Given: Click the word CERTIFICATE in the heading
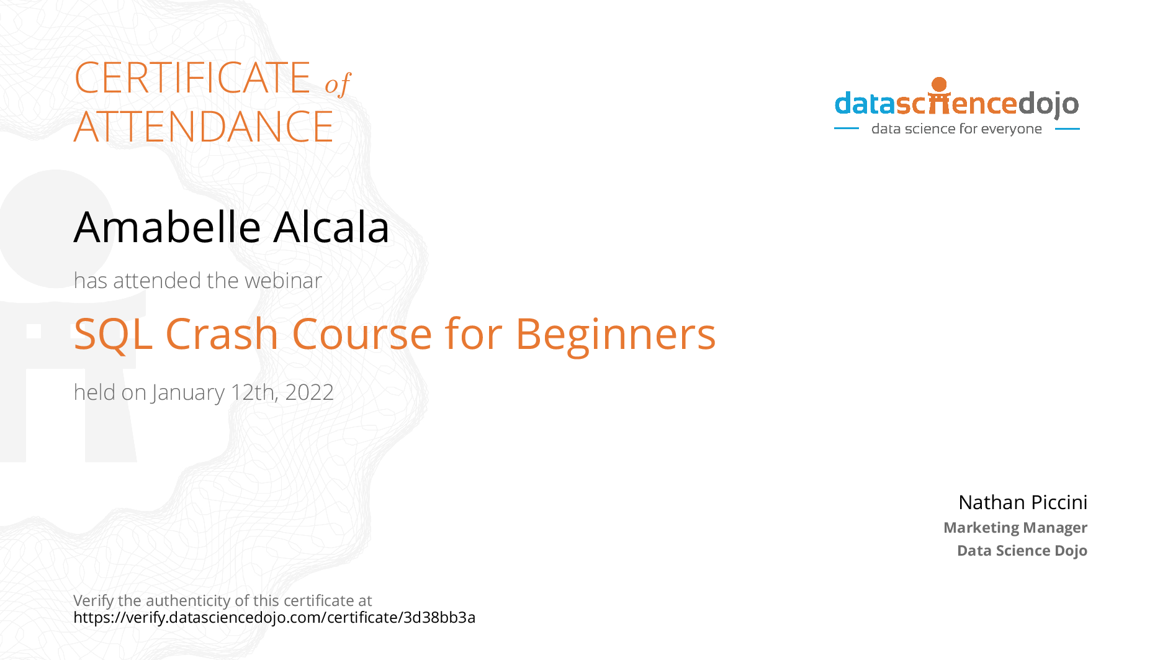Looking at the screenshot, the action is click(x=192, y=78).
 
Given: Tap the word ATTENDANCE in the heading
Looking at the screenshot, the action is click(x=204, y=127).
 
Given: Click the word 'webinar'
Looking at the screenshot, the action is click(x=283, y=281).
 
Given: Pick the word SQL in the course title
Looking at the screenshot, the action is click(x=113, y=335).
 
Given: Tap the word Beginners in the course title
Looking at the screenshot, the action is click(x=616, y=335).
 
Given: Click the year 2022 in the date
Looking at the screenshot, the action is click(x=309, y=392).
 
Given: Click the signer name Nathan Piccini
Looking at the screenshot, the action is click(x=1023, y=502).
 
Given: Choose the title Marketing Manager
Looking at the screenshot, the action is click(x=1015, y=528).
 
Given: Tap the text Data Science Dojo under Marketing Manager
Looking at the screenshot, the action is click(x=1022, y=551).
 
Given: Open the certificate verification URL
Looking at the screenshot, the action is click(x=274, y=617).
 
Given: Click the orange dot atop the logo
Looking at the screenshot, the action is click(x=940, y=84).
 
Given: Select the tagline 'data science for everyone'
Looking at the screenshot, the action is click(x=956, y=129).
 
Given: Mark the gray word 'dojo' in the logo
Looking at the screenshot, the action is click(x=1048, y=104).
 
